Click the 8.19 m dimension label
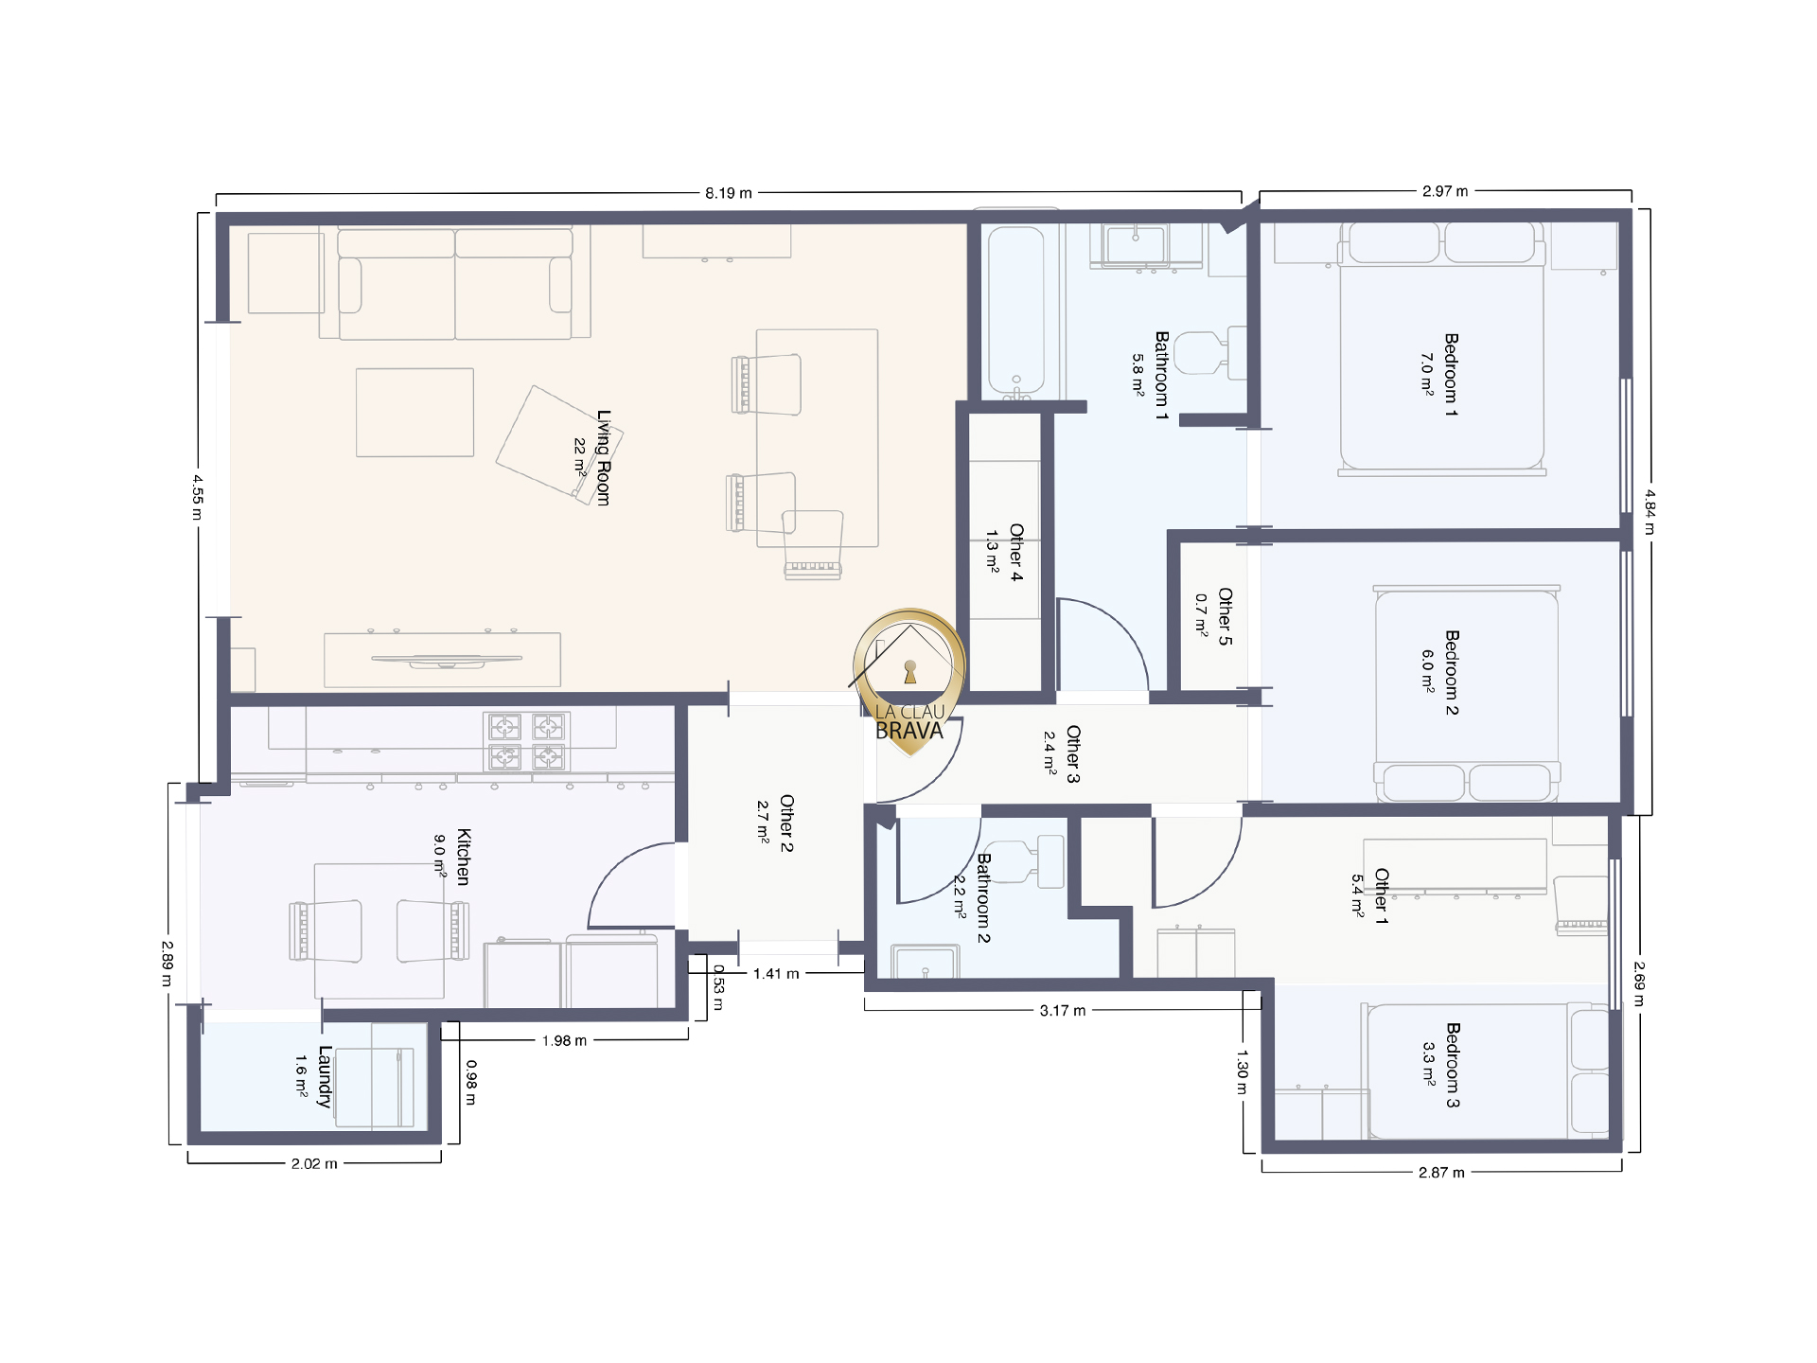tap(729, 193)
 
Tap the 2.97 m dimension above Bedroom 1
tap(1445, 191)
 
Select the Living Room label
tap(604, 457)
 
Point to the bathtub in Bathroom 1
tap(1016, 310)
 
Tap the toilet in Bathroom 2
tap(1025, 861)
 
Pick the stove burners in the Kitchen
tap(526, 741)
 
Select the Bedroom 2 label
tap(1452, 673)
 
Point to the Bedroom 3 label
tap(1453, 1065)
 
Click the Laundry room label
tap(325, 1076)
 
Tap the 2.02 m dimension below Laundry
tap(314, 1163)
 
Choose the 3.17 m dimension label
tap(1063, 1010)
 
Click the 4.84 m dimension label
tap(1649, 512)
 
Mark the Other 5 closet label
tap(1225, 616)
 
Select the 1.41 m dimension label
tap(776, 973)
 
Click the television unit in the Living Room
tap(443, 659)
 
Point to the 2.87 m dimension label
tap(1441, 1172)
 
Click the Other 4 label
tap(1016, 552)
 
